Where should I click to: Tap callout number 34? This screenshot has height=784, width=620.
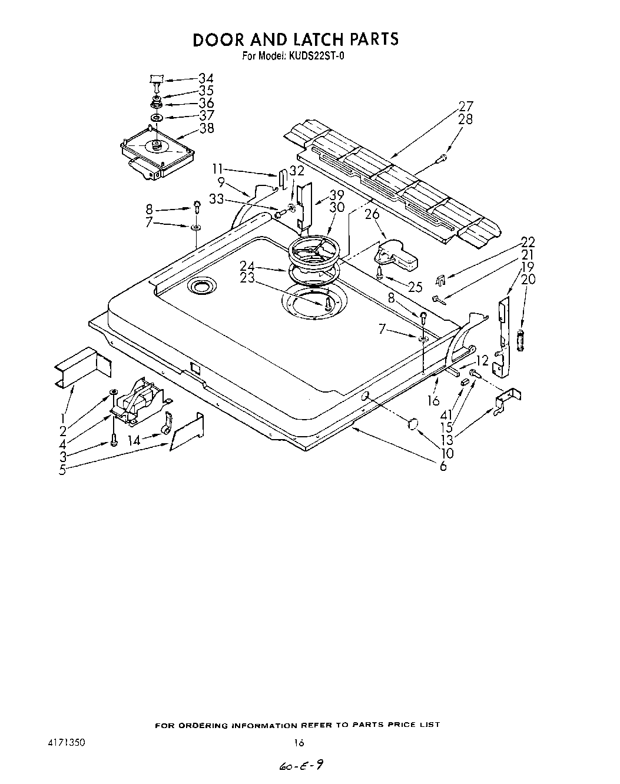pyautogui.click(x=206, y=78)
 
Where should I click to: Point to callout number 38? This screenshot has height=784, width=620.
pyautogui.click(x=207, y=128)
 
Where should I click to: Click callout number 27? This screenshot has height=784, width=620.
pyautogui.click(x=466, y=107)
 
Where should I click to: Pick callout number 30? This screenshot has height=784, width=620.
pyautogui.click(x=337, y=207)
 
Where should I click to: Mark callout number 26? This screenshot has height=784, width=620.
pyautogui.click(x=372, y=215)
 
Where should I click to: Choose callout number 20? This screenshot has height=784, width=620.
pyautogui.click(x=528, y=279)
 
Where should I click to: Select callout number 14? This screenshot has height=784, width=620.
pyautogui.click(x=134, y=439)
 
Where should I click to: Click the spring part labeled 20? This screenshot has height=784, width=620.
pyautogui.click(x=520, y=341)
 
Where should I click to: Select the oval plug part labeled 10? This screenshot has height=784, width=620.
pyautogui.click(x=413, y=423)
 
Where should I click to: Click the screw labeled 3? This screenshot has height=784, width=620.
pyautogui.click(x=114, y=439)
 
